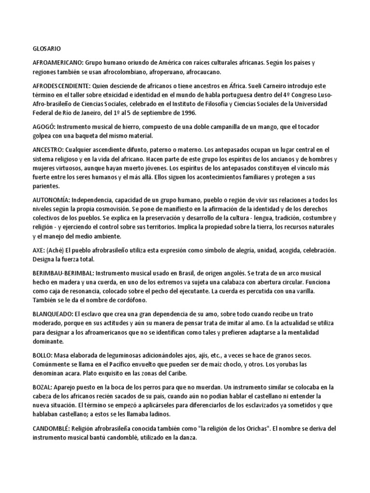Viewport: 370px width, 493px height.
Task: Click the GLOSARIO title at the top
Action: (47, 49)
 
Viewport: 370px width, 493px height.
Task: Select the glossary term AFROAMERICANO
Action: (58, 63)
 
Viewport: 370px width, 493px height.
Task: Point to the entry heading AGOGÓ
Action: (44, 126)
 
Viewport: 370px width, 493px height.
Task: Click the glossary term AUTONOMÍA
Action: (51, 199)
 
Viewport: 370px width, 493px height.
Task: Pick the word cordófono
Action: (130, 300)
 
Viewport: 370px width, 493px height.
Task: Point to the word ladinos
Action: (156, 414)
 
